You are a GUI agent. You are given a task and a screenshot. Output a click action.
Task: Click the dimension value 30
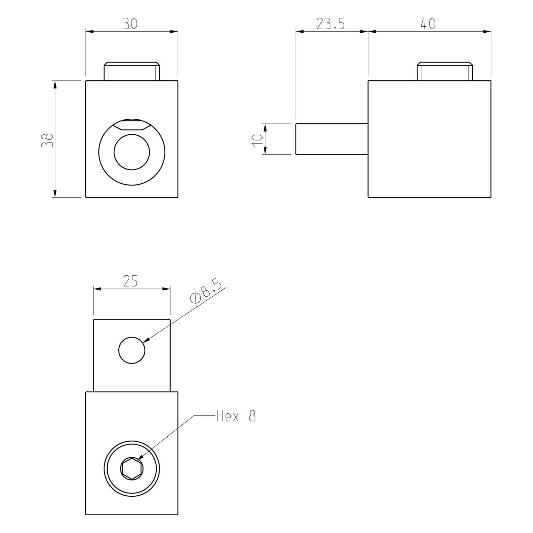(x=130, y=23)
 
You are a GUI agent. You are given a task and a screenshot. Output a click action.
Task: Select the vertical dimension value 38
(x=47, y=140)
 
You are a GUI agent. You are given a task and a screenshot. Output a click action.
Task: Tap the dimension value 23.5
(x=330, y=24)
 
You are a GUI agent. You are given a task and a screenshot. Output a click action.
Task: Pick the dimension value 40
(x=428, y=23)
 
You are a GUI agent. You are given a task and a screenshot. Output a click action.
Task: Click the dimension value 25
(x=130, y=281)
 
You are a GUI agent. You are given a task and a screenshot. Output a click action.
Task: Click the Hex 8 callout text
(x=236, y=416)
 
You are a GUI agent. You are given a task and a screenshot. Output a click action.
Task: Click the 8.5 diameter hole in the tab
(x=132, y=350)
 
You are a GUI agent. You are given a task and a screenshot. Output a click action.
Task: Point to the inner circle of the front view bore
(x=132, y=152)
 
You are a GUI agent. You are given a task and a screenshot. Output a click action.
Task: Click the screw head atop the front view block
(x=132, y=71)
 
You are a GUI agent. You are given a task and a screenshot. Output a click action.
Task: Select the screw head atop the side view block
(x=445, y=71)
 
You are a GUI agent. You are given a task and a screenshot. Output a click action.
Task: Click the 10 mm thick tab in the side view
(x=332, y=139)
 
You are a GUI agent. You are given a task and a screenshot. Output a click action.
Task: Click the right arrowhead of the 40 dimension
(x=487, y=32)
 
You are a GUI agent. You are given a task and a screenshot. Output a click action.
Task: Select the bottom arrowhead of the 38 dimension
(x=55, y=193)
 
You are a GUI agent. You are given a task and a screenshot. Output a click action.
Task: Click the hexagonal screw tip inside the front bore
(x=132, y=125)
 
